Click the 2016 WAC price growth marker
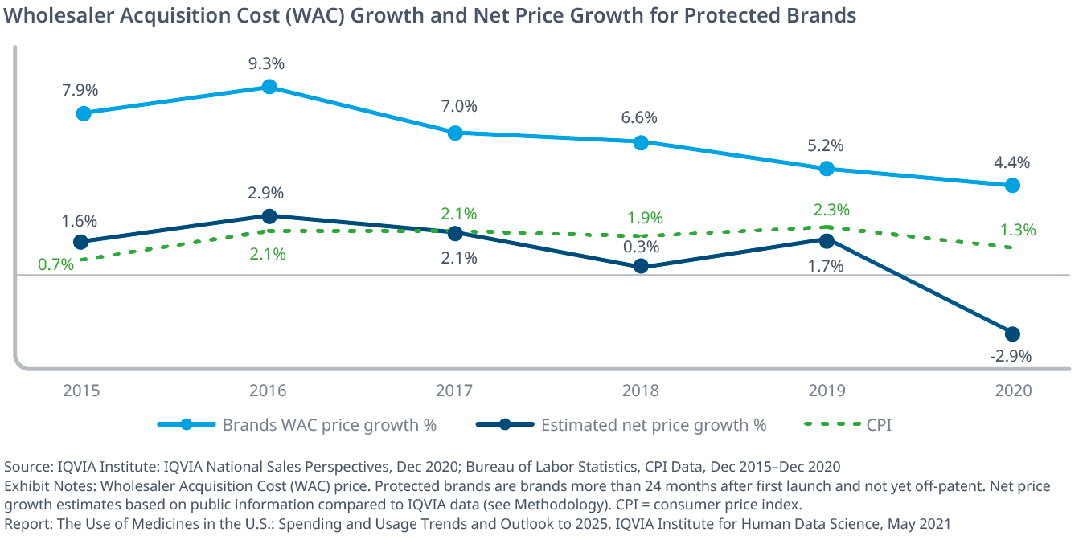tap(269, 87)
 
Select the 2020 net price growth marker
tap(1012, 333)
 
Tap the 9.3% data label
tap(269, 63)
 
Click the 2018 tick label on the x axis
tap(641, 391)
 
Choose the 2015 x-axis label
tap(82, 391)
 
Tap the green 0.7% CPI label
tap(56, 264)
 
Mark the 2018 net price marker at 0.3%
tap(641, 266)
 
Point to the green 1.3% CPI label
tap(1018, 230)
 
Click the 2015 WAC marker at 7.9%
tap(84, 113)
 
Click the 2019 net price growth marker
tap(827, 239)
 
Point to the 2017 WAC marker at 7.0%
tap(455, 133)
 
